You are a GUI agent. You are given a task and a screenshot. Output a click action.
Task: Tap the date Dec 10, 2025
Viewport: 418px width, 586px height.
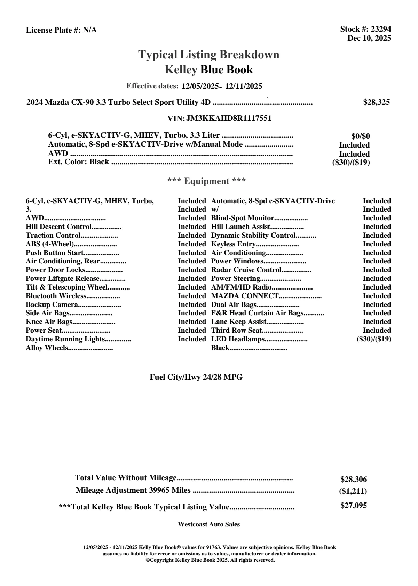(369, 38)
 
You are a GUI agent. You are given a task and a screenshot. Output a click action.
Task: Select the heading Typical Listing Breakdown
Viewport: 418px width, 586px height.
(209, 55)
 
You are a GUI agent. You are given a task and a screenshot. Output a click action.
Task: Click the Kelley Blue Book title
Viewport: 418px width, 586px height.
(209, 70)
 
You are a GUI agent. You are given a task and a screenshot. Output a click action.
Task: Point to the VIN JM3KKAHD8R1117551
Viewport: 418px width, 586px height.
(229, 118)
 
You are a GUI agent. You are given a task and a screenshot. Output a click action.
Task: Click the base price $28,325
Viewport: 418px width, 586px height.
(376, 102)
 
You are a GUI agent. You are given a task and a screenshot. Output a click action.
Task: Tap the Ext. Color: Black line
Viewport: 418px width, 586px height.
(79, 162)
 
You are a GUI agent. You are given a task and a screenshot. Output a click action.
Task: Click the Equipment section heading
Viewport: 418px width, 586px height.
(206, 181)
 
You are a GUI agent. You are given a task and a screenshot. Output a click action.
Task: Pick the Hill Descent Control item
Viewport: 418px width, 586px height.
(58, 227)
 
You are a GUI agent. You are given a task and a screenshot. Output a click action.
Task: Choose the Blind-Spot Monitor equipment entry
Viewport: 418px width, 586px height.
(243, 218)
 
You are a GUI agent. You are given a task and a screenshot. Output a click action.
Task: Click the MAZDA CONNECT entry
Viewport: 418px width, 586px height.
(245, 296)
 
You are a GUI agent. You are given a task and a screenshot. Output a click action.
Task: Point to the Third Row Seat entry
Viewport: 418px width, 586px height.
(237, 331)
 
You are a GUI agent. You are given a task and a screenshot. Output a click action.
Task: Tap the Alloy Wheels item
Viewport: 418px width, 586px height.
(47, 348)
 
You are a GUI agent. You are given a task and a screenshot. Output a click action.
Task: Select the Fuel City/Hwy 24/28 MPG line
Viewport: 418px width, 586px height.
(196, 377)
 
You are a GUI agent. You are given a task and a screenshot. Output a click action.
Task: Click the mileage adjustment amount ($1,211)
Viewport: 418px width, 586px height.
(353, 491)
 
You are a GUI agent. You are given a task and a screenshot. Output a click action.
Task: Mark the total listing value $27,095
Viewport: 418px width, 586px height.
(353, 506)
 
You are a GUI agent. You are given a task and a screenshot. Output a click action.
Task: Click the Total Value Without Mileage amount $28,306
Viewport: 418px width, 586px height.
(353, 480)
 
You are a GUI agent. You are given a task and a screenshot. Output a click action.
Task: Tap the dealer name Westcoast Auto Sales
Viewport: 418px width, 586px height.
(208, 524)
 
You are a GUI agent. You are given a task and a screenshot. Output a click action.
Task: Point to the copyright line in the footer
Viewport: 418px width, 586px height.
(210, 560)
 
